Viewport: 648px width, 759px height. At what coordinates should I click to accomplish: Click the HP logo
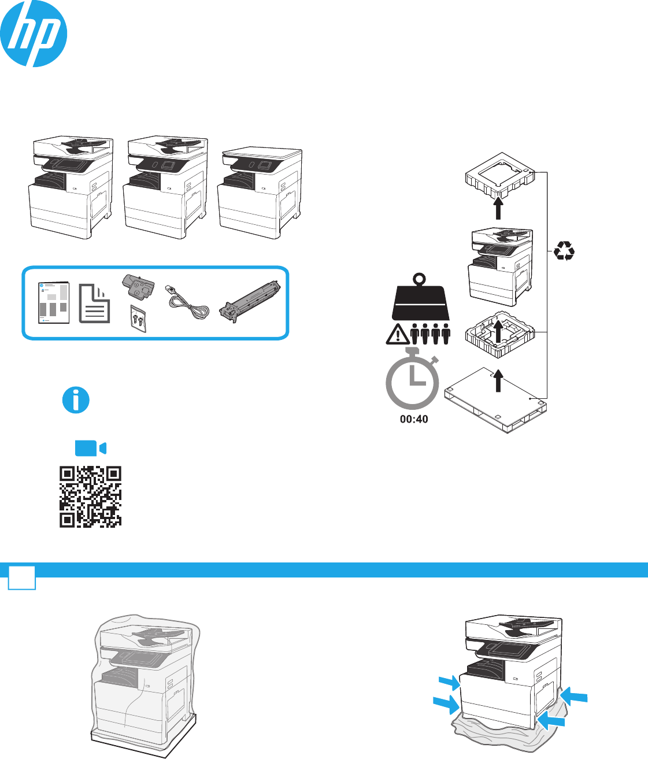click(34, 33)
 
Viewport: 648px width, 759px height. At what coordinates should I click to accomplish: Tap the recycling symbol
click(564, 251)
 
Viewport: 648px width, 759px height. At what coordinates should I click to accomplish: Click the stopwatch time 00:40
click(414, 419)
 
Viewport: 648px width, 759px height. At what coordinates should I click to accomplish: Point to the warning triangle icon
click(397, 336)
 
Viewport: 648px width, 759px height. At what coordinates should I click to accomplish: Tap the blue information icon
click(76, 400)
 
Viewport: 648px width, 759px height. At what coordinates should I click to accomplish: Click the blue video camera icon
click(90, 449)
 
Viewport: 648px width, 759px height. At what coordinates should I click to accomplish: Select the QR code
click(91, 497)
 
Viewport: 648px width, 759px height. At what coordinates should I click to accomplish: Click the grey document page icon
click(95, 303)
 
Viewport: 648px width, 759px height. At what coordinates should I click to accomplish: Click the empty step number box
click(22, 577)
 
